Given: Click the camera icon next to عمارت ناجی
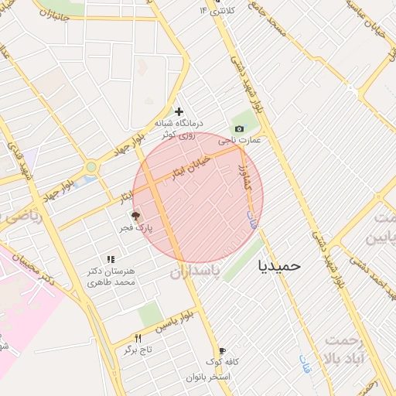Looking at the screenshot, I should coord(239,128).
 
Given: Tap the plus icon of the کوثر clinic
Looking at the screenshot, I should coord(179,111).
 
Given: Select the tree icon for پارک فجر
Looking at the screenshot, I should coord(136,217).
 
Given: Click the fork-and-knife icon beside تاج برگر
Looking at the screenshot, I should coord(138,338).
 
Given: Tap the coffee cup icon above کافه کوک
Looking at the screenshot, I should coord(222,350).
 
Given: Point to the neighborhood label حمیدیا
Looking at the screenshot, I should coord(278,265).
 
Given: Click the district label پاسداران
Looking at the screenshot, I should coord(195,271).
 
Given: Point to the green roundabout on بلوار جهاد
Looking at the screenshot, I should coord(92,166).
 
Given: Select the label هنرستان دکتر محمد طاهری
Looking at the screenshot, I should coord(113,277).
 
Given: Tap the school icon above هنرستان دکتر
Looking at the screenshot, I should coord(111,259).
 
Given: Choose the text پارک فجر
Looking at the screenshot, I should coord(136,229).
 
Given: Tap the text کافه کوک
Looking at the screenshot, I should coord(223,362).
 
